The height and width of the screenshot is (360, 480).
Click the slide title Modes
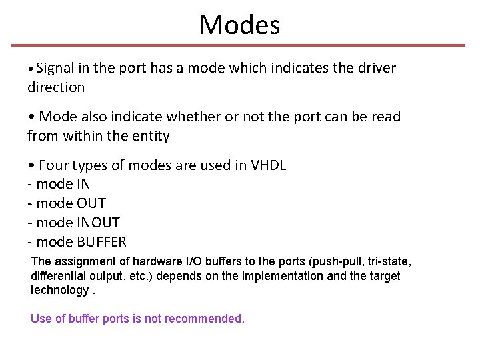(x=240, y=25)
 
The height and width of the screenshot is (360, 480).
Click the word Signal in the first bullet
(x=56, y=68)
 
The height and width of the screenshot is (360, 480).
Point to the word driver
(x=377, y=68)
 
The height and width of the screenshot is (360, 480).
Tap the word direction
(x=56, y=87)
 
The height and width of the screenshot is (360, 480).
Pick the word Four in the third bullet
(x=55, y=165)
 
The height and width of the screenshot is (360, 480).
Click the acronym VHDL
(x=268, y=165)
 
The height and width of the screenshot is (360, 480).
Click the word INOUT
(x=99, y=223)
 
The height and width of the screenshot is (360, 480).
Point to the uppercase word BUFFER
(x=101, y=242)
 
